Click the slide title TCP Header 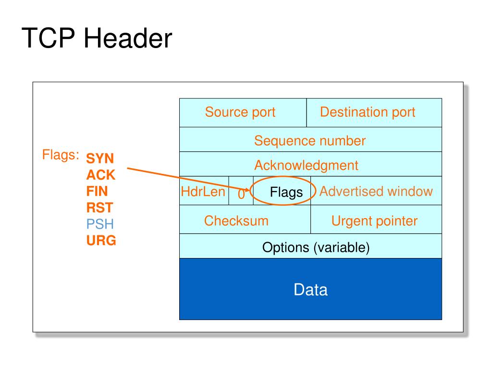click(x=97, y=38)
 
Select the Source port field click(x=240, y=112)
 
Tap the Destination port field click(x=368, y=112)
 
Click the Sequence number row click(x=310, y=141)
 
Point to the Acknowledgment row click(x=306, y=166)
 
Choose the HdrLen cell click(x=203, y=192)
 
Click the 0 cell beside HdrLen click(x=241, y=194)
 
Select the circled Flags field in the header click(x=286, y=192)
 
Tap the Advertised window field click(x=376, y=192)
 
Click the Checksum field click(x=236, y=221)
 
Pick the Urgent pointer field click(x=374, y=221)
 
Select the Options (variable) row click(x=316, y=248)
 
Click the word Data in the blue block click(x=310, y=290)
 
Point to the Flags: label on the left click(x=61, y=155)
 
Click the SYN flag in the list click(x=100, y=159)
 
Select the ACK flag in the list click(x=101, y=175)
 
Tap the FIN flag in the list click(x=97, y=191)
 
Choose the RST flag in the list click(x=99, y=208)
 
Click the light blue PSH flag click(x=100, y=224)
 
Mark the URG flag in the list click(x=101, y=240)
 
